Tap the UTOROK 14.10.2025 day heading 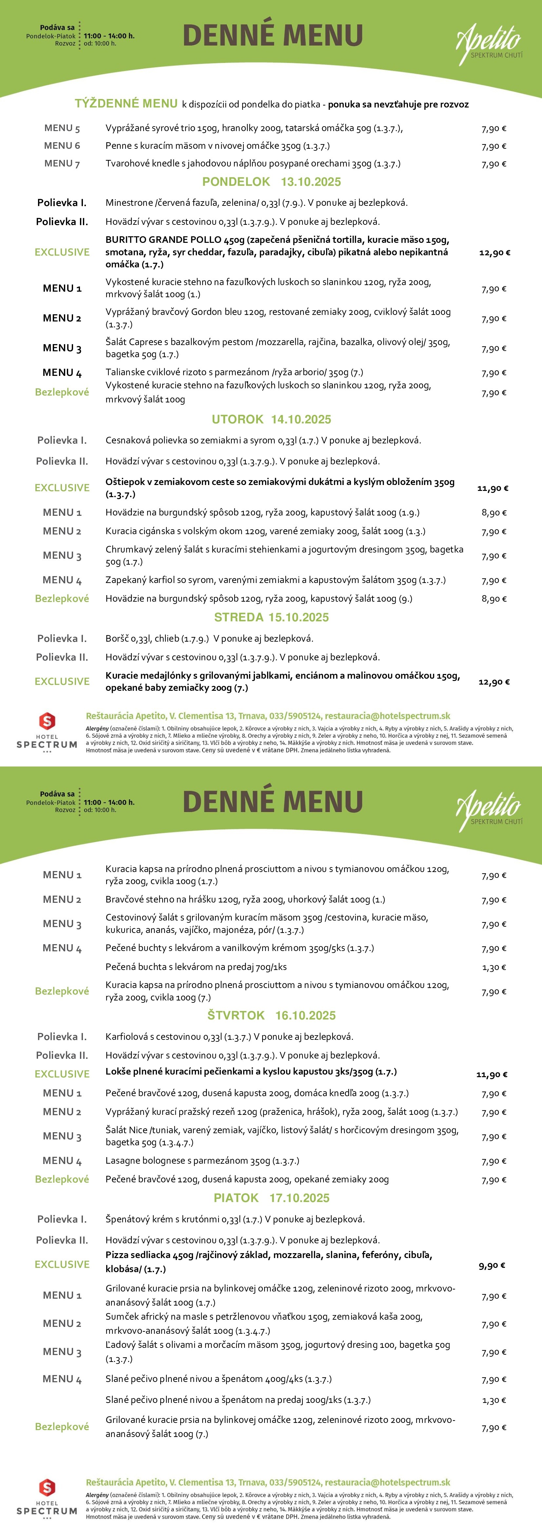coord(271,419)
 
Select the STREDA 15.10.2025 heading coord(271,617)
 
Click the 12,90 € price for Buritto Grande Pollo coord(494,252)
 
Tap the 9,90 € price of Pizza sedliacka coord(492,1265)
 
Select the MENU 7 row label coord(62,164)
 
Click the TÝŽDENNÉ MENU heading coord(126,104)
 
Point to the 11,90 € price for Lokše coord(492,1075)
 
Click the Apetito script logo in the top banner coord(489,42)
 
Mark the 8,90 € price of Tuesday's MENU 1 coord(494,513)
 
